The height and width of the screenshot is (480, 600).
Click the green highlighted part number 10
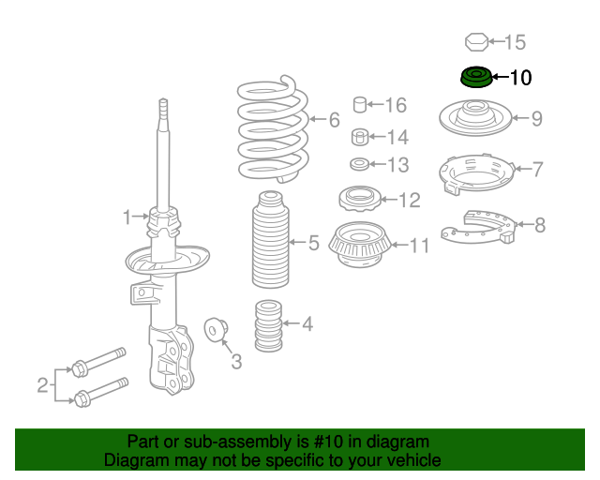point(476,77)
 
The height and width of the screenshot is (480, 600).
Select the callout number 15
point(515,42)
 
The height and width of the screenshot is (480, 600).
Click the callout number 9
point(536,119)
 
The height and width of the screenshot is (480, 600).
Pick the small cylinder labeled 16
point(359,105)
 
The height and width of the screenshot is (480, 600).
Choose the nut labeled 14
point(359,138)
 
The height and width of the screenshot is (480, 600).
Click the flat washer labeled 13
point(359,166)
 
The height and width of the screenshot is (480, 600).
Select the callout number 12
point(410,200)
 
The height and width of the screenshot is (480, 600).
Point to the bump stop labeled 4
point(269,325)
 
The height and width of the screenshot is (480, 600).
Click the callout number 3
point(236,361)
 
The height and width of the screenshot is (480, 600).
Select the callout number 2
point(42,384)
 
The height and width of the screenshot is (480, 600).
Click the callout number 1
point(127,217)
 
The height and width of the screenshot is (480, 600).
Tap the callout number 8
point(539,224)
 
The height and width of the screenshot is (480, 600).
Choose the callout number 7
point(537,170)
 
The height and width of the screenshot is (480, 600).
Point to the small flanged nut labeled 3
point(217,330)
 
